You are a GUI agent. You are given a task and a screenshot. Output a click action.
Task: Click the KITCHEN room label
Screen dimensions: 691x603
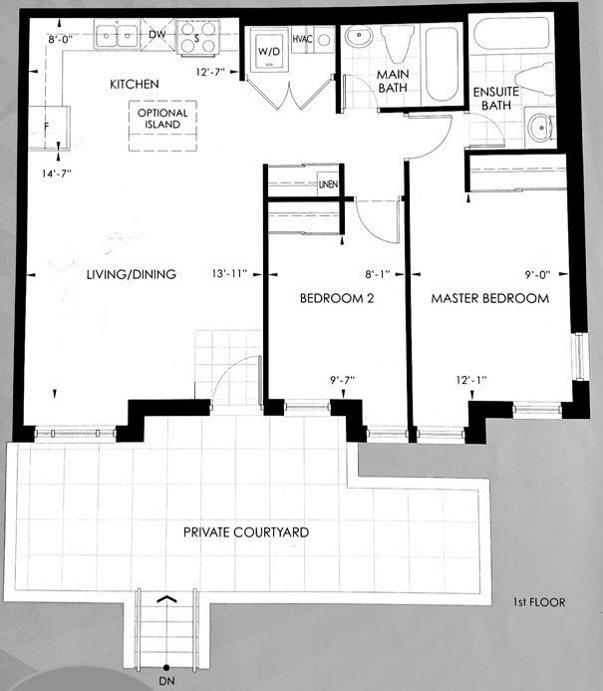click(135, 85)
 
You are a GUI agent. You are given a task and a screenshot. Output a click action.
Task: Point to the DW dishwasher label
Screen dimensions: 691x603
click(155, 35)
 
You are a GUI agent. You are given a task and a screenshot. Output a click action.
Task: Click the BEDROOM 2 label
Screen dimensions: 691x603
click(337, 299)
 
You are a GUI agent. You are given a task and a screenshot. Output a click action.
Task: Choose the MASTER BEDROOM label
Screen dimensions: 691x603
click(489, 299)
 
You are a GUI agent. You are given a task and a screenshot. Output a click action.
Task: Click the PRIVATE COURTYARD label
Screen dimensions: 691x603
click(245, 532)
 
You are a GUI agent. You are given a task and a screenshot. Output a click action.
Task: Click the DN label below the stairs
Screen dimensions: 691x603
click(165, 681)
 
